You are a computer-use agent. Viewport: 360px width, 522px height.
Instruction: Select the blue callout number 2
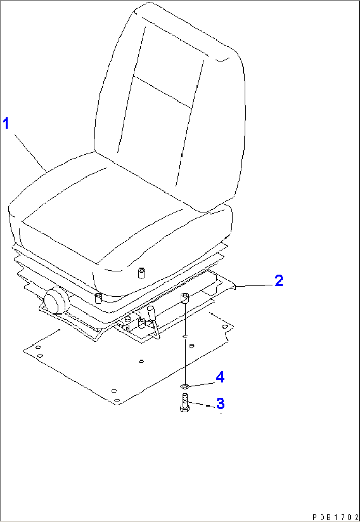[x=279, y=280]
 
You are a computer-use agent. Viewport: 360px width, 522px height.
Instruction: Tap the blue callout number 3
[x=220, y=403]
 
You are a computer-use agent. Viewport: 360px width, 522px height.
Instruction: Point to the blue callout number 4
[x=220, y=377]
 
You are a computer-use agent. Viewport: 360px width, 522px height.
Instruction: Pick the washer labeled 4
[x=184, y=386]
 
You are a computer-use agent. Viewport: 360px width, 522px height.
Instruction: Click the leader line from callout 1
[x=30, y=153]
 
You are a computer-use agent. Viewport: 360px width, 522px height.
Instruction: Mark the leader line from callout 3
[x=201, y=405]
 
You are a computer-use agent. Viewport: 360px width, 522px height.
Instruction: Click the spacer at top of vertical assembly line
[x=184, y=299]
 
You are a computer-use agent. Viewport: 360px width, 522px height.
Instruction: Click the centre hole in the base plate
[x=141, y=361]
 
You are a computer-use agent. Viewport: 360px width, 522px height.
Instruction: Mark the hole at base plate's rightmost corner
[x=225, y=327]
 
